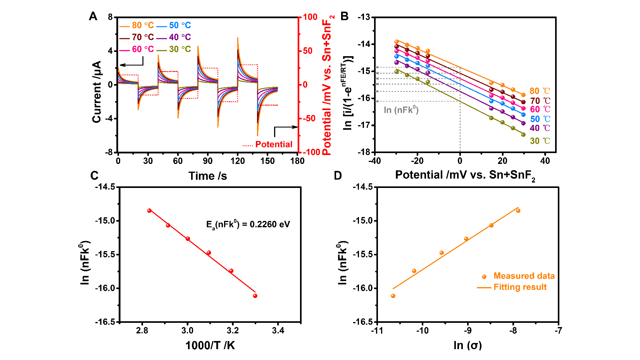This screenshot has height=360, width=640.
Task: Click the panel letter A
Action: click(93, 17)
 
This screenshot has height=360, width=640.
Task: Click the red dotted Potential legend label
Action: click(273, 145)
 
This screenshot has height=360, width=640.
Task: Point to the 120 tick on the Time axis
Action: click(238, 161)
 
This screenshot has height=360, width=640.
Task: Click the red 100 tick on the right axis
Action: click(310, 17)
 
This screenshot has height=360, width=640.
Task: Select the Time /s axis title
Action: click(208, 176)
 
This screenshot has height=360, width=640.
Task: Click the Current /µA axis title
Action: click(97, 92)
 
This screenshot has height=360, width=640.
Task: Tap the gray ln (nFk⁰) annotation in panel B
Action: click(401, 110)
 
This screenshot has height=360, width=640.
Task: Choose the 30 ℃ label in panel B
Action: click(540, 141)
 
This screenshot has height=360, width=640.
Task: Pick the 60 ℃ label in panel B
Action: click(540, 110)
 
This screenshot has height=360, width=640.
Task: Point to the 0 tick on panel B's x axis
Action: click(460, 161)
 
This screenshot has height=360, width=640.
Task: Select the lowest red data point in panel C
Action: click(255, 296)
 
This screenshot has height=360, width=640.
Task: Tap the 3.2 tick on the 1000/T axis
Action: click(233, 331)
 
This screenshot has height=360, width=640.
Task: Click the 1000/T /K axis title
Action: click(210, 346)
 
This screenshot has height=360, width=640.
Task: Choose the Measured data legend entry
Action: click(524, 276)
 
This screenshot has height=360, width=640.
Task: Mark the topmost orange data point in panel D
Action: click(518, 211)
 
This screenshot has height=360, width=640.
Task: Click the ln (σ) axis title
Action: click(467, 346)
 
